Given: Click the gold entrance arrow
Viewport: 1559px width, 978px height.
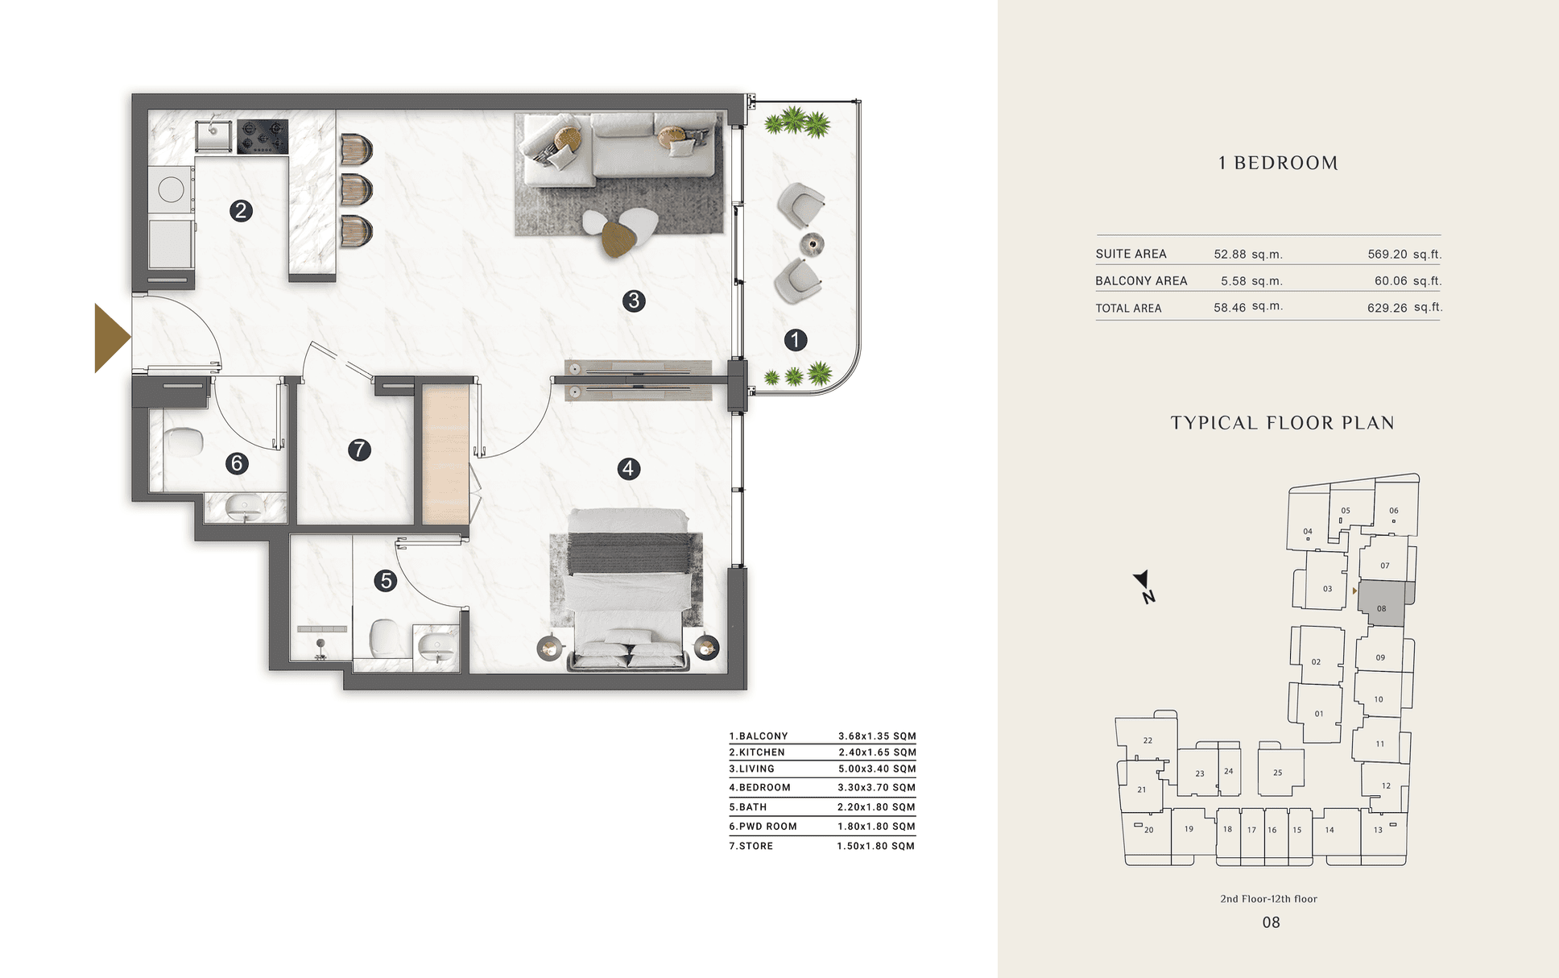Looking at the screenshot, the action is pos(111,338).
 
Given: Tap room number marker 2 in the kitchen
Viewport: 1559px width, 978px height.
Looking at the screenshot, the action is pos(241,211).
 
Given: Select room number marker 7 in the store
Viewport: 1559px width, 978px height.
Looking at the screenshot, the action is pos(359,450).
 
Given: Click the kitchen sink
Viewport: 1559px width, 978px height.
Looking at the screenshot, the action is pos(213,135).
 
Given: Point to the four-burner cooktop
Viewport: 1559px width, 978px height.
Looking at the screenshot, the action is pos(262,136).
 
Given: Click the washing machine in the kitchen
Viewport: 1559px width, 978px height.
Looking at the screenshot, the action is pos(171,191).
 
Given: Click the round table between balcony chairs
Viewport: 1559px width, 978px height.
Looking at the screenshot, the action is pos(812,243).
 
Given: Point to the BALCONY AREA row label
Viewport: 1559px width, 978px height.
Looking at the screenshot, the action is pos(1141,281).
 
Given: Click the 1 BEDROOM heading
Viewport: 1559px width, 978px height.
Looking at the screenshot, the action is pos(1278,163).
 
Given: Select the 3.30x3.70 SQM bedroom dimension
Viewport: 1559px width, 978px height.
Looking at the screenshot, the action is pos(877,788).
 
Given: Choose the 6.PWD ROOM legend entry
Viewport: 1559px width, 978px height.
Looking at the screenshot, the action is pos(763,827).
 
